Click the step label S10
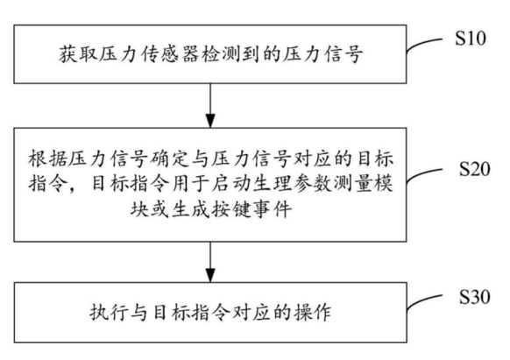[471, 39]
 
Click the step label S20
[475, 169]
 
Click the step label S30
[475, 297]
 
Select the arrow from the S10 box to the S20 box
[210, 105]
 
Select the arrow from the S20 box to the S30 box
[210, 262]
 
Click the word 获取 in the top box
[77, 54]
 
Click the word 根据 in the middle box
[47, 159]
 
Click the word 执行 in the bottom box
[109, 313]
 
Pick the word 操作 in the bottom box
[312, 313]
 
